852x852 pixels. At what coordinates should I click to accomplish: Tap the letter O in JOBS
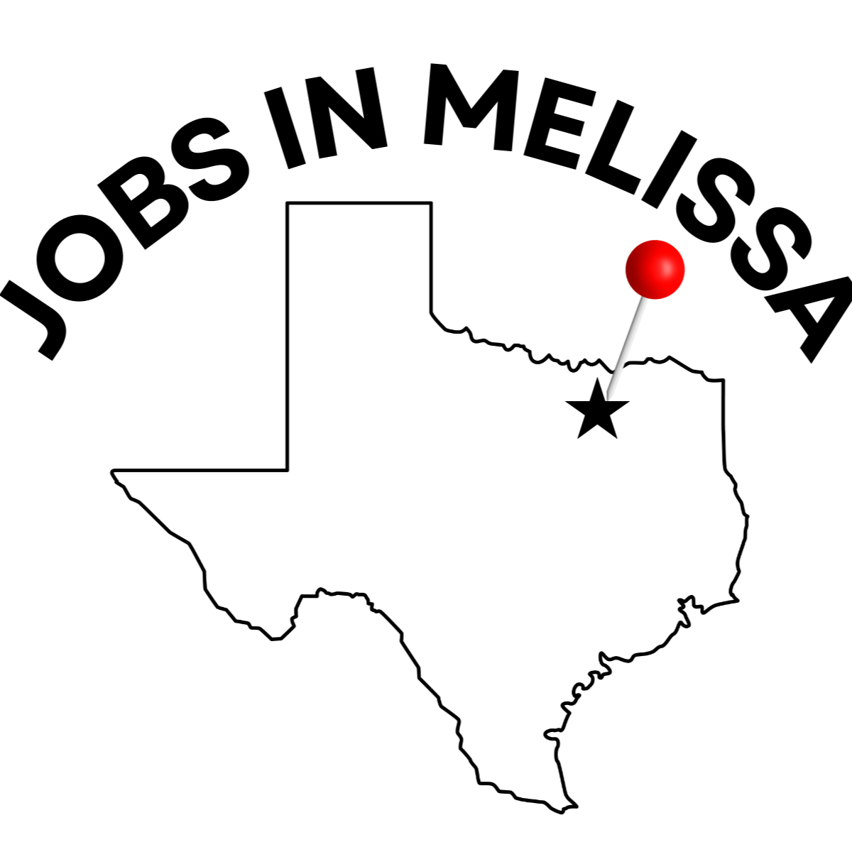pyautogui.click(x=80, y=258)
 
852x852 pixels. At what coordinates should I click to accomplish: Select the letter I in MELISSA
pyautogui.click(x=670, y=169)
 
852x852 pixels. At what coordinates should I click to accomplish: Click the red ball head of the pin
pyautogui.click(x=655, y=269)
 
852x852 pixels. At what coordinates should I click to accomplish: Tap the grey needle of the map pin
pyautogui.click(x=626, y=348)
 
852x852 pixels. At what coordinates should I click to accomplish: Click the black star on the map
pyautogui.click(x=597, y=410)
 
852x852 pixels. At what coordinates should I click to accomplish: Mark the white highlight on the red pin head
pyautogui.click(x=667, y=268)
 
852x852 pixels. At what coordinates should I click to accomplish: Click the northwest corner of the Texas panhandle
pyautogui.click(x=288, y=203)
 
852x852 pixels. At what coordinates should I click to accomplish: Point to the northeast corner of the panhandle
pyautogui.click(x=431, y=203)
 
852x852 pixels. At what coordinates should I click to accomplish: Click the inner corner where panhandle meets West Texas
pyautogui.click(x=288, y=470)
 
